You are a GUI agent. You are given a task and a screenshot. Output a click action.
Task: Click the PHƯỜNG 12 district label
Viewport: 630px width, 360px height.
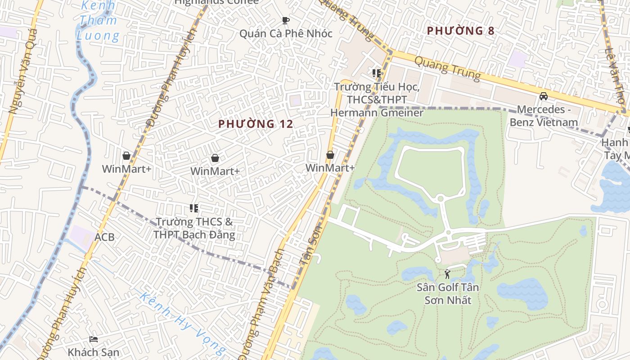[x=256, y=124]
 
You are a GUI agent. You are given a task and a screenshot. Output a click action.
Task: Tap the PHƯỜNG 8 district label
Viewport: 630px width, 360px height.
[x=460, y=31]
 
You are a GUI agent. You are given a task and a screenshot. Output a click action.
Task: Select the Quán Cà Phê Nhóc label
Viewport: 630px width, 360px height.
[x=286, y=34]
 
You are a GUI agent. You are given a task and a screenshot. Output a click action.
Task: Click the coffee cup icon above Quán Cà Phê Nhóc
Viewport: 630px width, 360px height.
[x=285, y=20]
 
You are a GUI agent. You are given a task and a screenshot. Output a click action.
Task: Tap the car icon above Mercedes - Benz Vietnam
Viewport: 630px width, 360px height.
[x=544, y=96]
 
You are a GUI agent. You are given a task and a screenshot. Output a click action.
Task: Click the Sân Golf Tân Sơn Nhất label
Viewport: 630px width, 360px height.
[x=448, y=293]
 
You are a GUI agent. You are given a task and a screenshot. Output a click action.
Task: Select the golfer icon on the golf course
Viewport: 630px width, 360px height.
[x=447, y=274]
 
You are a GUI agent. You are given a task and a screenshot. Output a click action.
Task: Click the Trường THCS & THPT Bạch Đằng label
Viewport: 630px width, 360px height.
[x=194, y=228]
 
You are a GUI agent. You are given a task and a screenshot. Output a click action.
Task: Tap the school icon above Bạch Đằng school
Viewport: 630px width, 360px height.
[x=194, y=208]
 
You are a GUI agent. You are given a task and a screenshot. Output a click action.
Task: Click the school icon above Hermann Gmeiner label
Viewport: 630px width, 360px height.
[x=377, y=73]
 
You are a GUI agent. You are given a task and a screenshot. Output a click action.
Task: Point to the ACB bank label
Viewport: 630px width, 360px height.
[x=104, y=237]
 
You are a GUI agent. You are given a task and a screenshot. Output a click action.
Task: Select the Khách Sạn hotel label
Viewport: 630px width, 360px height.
[x=94, y=352]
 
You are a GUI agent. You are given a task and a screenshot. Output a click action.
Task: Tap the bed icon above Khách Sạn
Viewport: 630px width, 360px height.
[x=94, y=339]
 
